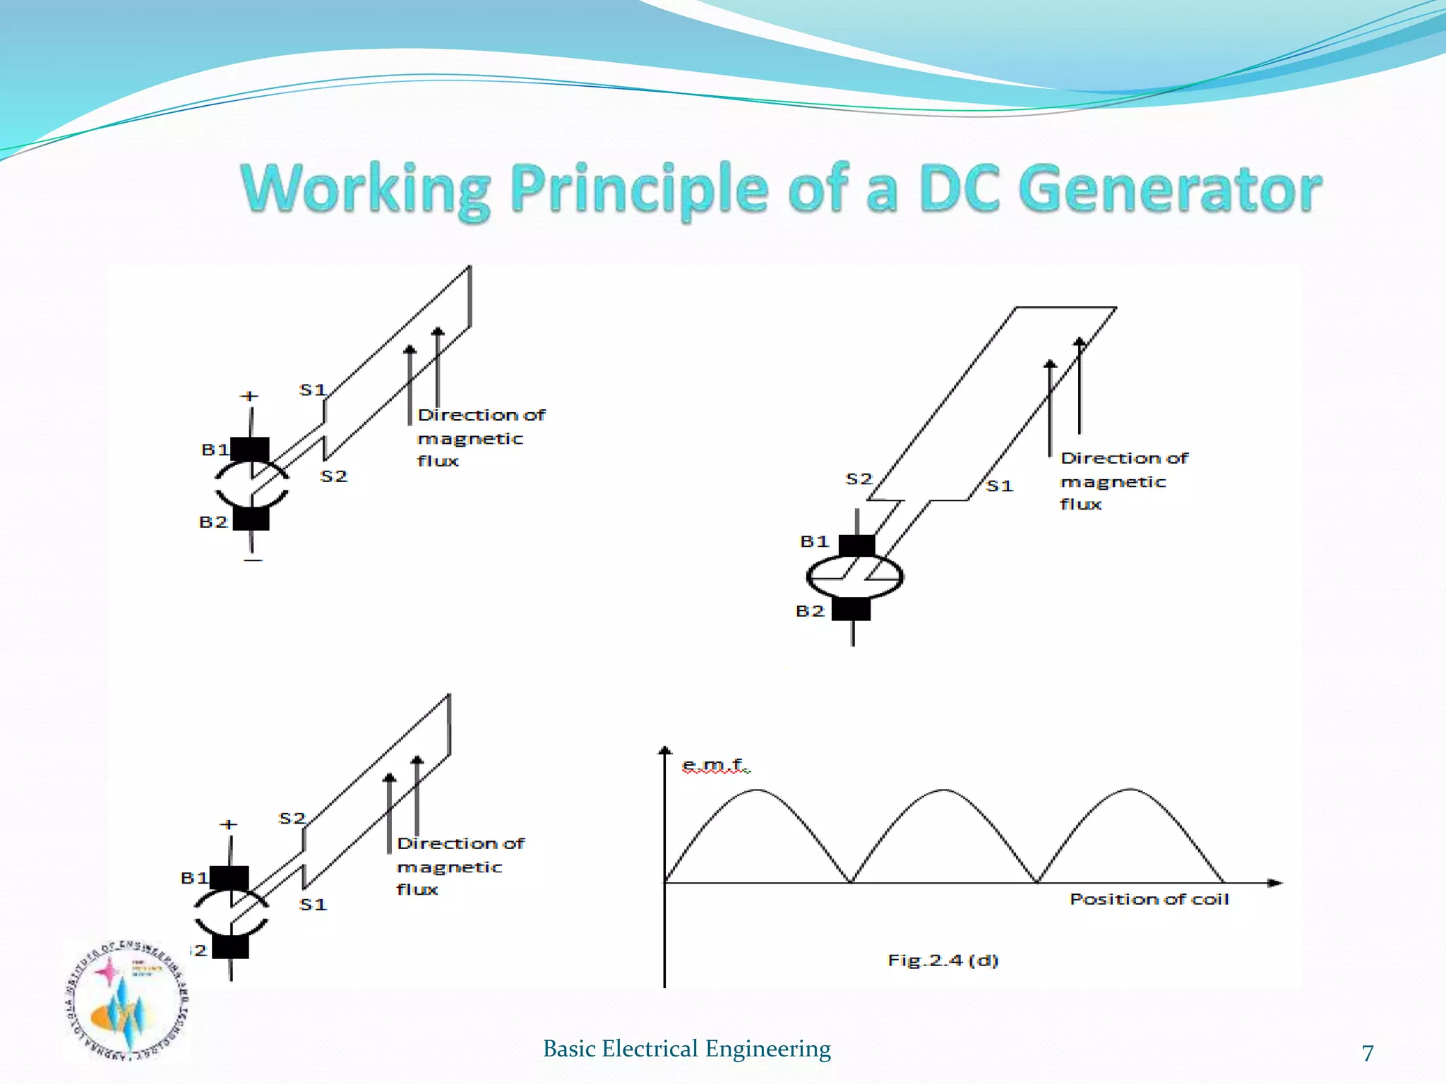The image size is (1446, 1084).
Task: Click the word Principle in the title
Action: pyautogui.click(x=639, y=188)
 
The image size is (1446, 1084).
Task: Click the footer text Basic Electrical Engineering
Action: pyautogui.click(x=686, y=1049)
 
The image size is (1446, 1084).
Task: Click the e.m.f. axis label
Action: pyautogui.click(x=715, y=764)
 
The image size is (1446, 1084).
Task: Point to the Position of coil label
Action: pyautogui.click(x=1149, y=899)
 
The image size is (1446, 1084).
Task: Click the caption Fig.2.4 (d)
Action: pyautogui.click(x=943, y=960)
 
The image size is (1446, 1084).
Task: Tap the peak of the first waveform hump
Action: pyautogui.click(x=757, y=790)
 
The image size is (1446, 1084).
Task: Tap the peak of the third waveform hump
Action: pyautogui.click(x=1131, y=790)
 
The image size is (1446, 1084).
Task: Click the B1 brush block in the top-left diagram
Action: pyautogui.click(x=250, y=450)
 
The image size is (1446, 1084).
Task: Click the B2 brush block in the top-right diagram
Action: pyautogui.click(x=851, y=608)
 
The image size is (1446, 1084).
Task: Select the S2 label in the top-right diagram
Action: pyautogui.click(x=859, y=479)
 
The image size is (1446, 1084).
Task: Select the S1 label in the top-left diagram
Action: pyautogui.click(x=312, y=390)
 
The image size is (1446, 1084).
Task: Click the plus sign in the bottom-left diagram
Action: pyautogui.click(x=229, y=824)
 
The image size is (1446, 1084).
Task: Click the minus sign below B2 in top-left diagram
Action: pyautogui.click(x=253, y=560)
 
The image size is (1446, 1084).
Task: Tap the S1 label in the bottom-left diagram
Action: pyautogui.click(x=313, y=905)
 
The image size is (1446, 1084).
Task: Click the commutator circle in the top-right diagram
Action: pyautogui.click(x=855, y=577)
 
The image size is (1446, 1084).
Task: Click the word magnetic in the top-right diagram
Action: pyautogui.click(x=1113, y=482)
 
